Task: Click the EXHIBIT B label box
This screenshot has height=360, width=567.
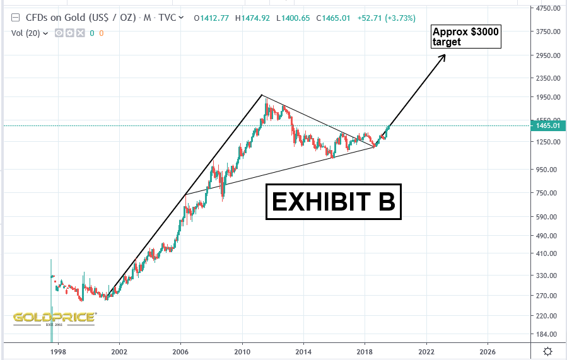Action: (333, 201)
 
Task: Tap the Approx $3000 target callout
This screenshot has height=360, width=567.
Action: (465, 37)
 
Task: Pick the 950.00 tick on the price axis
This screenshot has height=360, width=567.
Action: (546, 169)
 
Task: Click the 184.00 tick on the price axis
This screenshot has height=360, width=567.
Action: (546, 334)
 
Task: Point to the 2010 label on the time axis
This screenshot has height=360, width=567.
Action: (242, 351)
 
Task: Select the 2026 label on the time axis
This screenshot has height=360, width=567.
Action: (487, 351)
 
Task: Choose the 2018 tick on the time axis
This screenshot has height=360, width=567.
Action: (364, 351)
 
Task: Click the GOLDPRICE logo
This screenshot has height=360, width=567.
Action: (54, 318)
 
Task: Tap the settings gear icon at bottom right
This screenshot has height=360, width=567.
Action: (548, 351)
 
